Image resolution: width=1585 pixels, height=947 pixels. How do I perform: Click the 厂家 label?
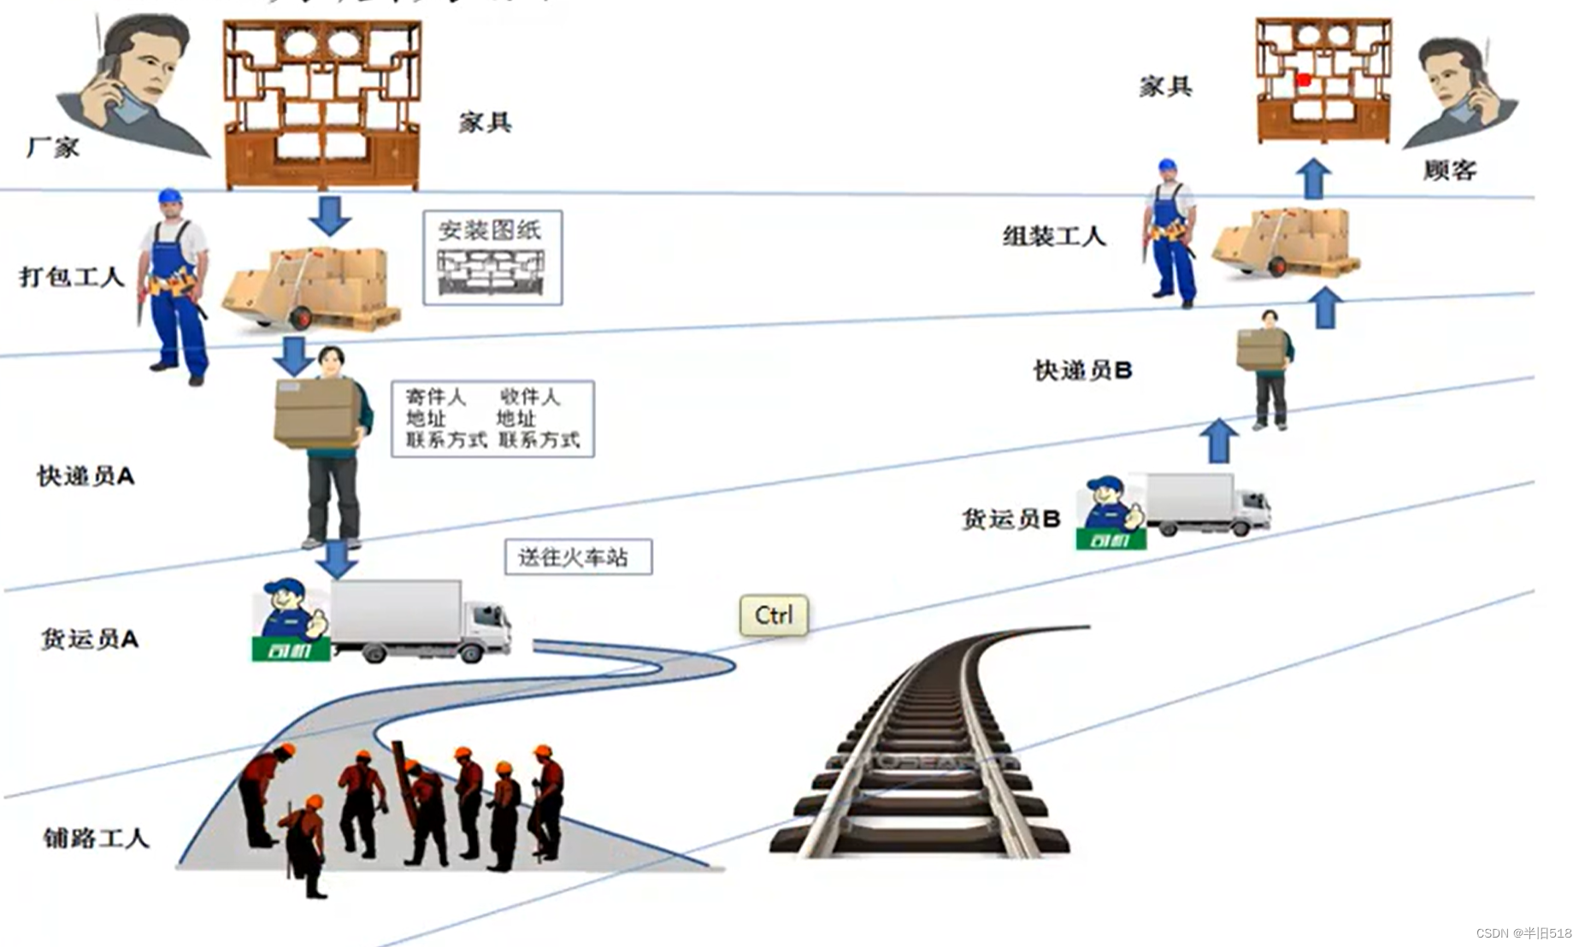tap(53, 148)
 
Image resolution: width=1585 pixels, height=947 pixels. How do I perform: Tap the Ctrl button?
tap(774, 615)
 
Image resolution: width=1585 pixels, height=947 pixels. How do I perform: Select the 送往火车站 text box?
tap(578, 557)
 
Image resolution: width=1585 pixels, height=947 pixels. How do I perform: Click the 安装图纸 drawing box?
tap(492, 257)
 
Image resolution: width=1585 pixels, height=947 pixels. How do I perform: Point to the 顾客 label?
tap(1450, 170)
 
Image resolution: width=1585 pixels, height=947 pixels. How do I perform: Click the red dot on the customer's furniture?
tap(1304, 80)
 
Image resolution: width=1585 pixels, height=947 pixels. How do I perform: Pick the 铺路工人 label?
tap(96, 838)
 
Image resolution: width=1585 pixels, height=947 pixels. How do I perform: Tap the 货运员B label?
tap(1011, 519)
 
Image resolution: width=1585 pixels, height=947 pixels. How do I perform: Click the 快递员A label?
tap(85, 476)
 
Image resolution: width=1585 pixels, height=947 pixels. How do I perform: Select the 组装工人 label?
tap(1054, 236)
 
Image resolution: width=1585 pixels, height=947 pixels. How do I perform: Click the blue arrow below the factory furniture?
tap(330, 215)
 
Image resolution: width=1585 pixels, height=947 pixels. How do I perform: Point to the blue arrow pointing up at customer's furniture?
tap(1313, 179)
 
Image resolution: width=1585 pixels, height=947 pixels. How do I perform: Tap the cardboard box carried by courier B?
tap(1261, 349)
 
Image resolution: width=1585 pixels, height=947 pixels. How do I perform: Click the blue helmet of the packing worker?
tap(170, 197)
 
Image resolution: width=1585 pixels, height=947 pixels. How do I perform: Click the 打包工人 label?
tap(72, 277)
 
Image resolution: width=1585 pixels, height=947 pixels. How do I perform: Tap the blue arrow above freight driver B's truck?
tap(1218, 440)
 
